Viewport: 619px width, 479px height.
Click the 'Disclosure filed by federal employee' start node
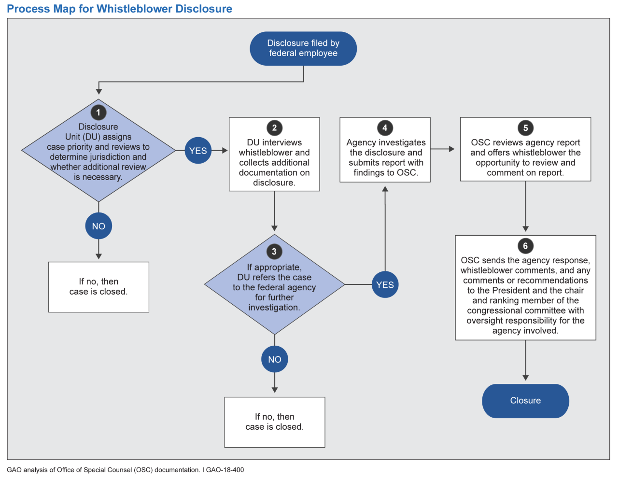tap(303, 48)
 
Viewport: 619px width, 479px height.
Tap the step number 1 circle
tap(98, 113)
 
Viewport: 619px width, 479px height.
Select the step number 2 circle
tap(274, 128)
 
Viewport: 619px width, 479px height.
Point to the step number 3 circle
tap(274, 252)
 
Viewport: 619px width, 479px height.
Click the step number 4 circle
tap(385, 128)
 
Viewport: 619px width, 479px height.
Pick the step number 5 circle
tap(525, 128)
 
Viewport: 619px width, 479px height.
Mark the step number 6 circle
tap(525, 246)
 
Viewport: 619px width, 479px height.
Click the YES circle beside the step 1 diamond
tap(198, 151)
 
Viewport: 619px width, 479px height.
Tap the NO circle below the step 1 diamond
tap(98, 226)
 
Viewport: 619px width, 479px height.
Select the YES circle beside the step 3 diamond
tap(385, 285)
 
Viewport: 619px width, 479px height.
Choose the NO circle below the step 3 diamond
tap(275, 359)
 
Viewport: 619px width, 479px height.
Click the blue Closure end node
tap(525, 401)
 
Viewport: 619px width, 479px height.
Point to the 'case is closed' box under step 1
tap(98, 287)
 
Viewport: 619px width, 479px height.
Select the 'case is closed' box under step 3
tap(275, 422)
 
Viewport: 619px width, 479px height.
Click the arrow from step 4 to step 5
tap(443, 149)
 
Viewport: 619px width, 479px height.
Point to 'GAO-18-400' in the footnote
tap(225, 470)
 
